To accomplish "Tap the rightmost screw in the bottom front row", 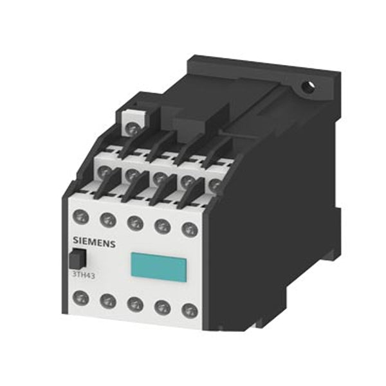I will pyautogui.click(x=188, y=310).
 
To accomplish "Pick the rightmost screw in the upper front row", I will pyautogui.click(x=188, y=228).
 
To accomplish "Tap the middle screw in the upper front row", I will pyautogui.click(x=134, y=221).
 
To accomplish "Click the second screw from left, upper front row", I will pyautogui.click(x=107, y=217).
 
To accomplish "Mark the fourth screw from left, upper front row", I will pyautogui.click(x=161, y=225).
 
